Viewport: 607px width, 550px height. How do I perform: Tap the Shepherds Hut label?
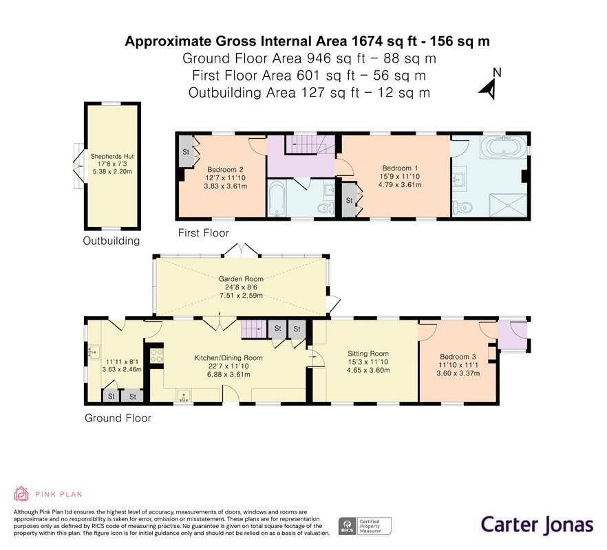click(112, 157)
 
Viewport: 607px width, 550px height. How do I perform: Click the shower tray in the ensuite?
click(507, 206)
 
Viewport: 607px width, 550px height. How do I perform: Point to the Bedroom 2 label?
click(225, 169)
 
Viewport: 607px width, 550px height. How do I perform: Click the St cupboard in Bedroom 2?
click(187, 152)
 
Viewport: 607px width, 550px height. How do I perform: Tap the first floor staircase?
click(310, 144)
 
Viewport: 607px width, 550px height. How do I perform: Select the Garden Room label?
click(241, 279)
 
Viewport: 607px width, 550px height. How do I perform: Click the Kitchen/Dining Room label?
click(228, 357)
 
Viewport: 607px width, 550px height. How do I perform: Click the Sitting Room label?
click(368, 353)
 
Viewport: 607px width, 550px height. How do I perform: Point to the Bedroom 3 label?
click(458, 357)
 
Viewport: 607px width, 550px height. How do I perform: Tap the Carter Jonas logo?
click(537, 525)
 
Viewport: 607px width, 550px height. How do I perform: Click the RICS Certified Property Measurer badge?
click(365, 526)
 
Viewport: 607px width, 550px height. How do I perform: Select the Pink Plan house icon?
click(21, 494)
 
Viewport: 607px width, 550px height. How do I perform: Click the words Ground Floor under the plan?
click(118, 418)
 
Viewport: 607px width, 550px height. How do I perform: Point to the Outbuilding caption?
click(111, 241)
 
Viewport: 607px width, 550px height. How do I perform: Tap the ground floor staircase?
click(254, 329)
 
